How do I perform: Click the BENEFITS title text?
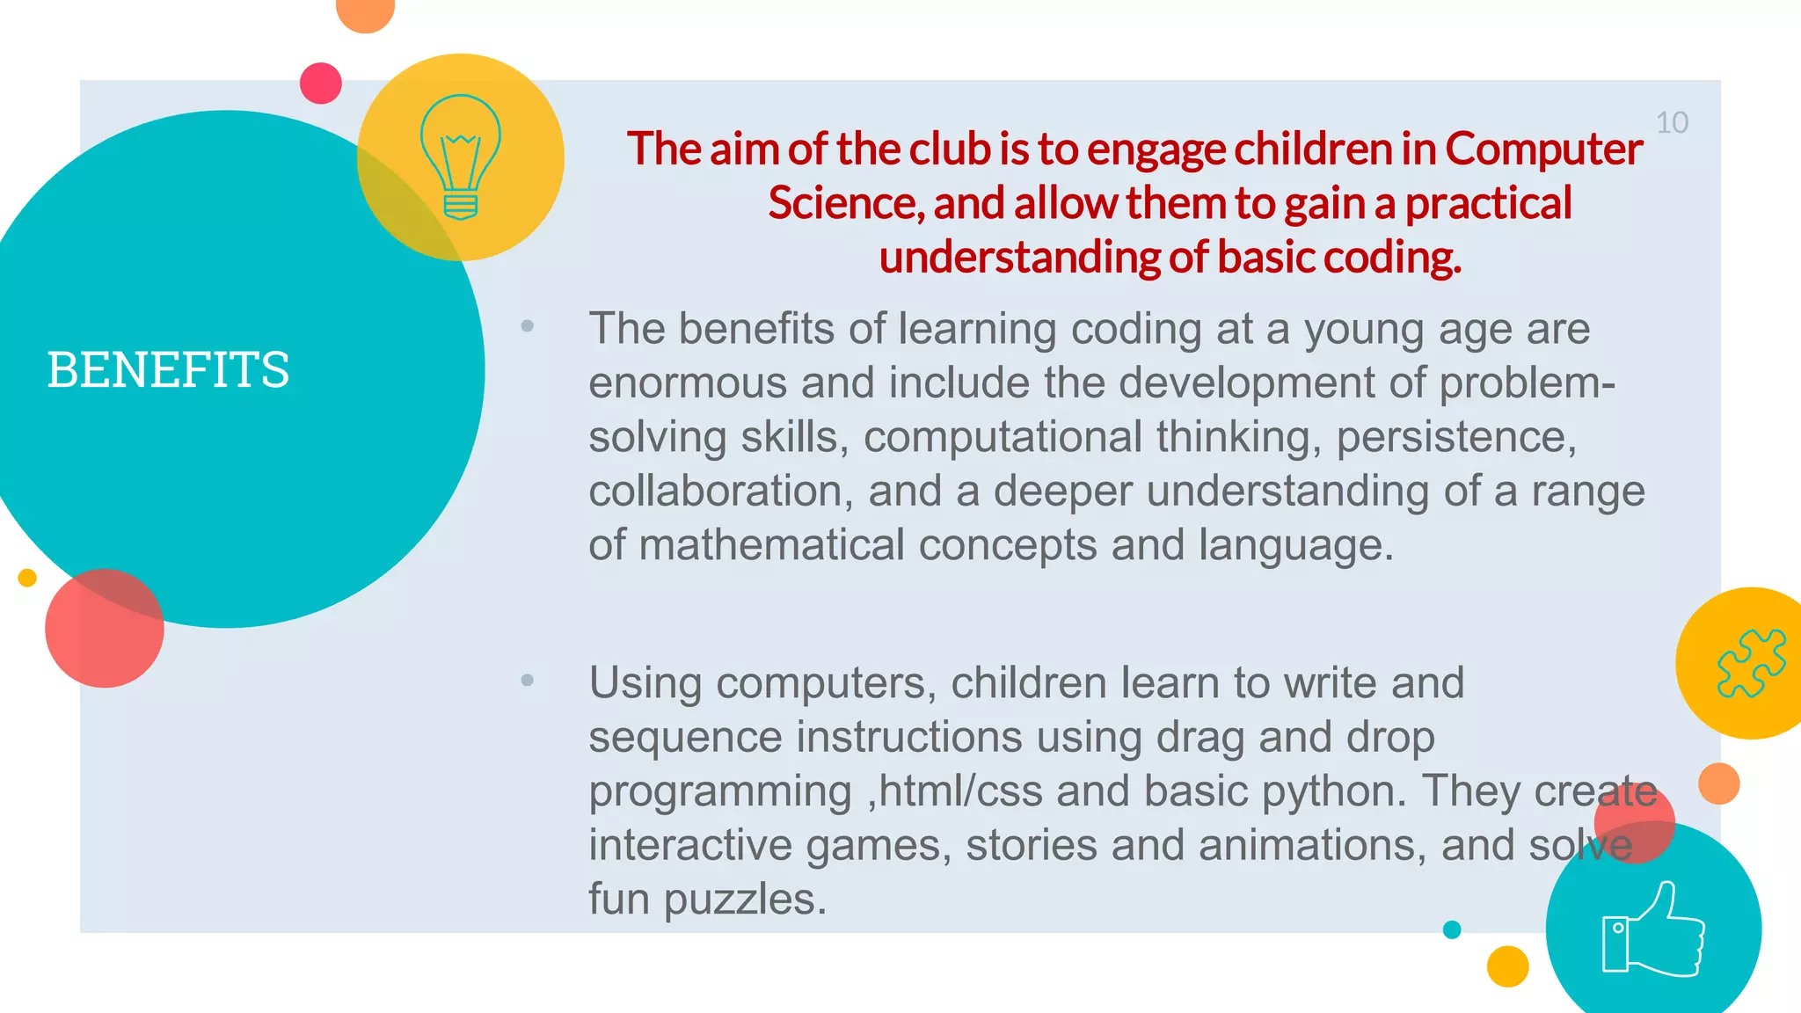(x=168, y=369)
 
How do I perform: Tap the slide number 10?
(x=1672, y=123)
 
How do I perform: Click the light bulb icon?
(x=460, y=157)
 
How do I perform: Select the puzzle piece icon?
(x=1751, y=663)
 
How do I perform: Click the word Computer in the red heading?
(x=1544, y=148)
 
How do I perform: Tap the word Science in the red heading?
(x=845, y=203)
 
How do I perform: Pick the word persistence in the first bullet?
(x=1456, y=437)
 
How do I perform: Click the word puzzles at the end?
(x=745, y=900)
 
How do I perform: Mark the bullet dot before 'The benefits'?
(x=528, y=326)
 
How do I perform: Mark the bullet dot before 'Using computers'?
(x=528, y=680)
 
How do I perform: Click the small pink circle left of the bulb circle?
(x=321, y=84)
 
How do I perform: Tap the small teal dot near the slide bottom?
(x=1452, y=929)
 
